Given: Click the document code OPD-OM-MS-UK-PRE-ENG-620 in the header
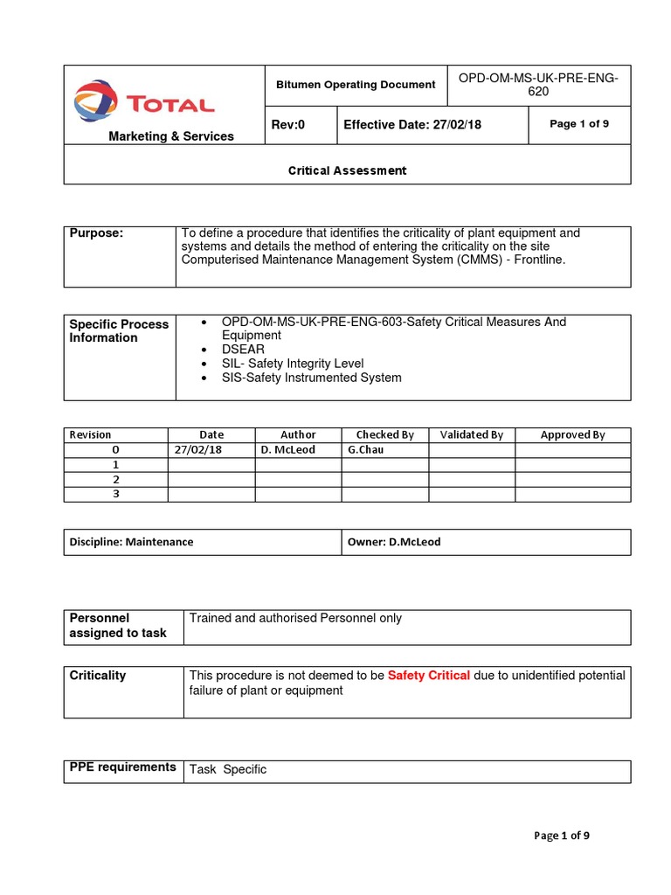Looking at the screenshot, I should [x=538, y=85].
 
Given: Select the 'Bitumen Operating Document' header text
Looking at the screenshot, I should [x=356, y=85].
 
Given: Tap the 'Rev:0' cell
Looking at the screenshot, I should [x=288, y=125].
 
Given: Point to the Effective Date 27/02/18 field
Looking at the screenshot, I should [x=412, y=125].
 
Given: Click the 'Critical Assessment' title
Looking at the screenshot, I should [x=347, y=170].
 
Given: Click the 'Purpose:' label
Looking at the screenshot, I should [x=96, y=233].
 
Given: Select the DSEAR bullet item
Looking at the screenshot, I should [x=243, y=350].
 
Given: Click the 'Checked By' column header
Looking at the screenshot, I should [x=384, y=434].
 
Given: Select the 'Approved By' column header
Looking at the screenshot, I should [x=572, y=434].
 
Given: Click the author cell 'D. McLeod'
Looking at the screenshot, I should [x=288, y=449].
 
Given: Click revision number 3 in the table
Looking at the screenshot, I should [x=115, y=494].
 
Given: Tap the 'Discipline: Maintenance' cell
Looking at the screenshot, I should [x=132, y=542].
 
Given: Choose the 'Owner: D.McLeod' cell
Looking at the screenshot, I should [x=394, y=542].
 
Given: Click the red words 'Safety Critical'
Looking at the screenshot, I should [x=429, y=676].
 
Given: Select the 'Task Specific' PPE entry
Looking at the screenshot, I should [x=228, y=770].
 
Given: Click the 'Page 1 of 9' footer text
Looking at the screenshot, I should [x=562, y=836].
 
